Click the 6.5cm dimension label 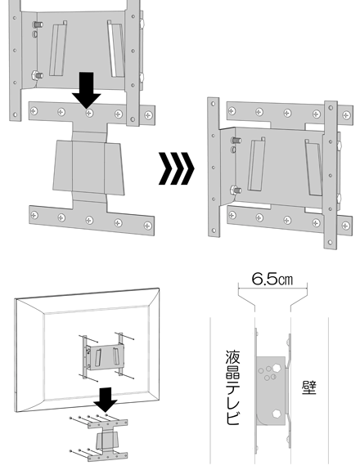(272, 279)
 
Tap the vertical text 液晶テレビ (232, 387)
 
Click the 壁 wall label (309, 388)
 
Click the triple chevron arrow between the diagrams (177, 168)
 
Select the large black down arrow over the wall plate (87, 90)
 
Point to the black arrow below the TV (106, 400)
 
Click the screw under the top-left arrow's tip (89, 114)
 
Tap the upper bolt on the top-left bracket (38, 25)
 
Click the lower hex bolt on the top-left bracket (37, 74)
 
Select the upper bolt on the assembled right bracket (236, 140)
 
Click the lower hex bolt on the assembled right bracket (236, 190)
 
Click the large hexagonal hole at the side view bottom (277, 414)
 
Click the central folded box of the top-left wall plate (88, 168)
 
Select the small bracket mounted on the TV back (104, 356)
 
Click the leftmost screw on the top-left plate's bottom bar (34, 215)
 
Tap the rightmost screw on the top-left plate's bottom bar (147, 226)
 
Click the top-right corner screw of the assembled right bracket (347, 114)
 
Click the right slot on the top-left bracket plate (116, 49)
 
